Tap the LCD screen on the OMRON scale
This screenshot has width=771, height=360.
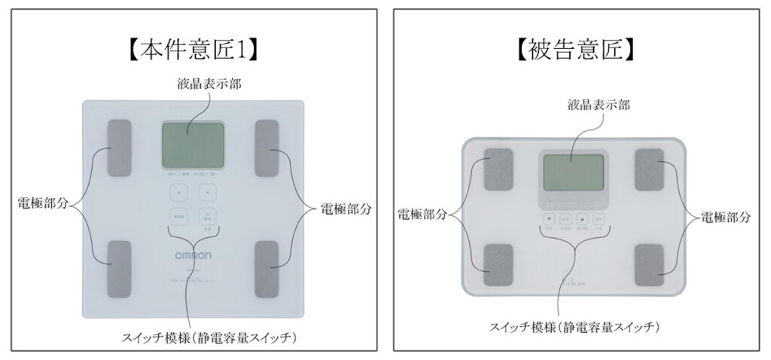point(193,145)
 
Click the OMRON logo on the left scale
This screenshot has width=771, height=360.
point(193,256)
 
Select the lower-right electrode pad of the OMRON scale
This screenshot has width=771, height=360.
point(268,266)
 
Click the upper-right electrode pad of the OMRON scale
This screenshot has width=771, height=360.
point(268,148)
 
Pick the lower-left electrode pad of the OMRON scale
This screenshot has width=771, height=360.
point(119,266)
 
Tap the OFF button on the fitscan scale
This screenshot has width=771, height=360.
point(599,219)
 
